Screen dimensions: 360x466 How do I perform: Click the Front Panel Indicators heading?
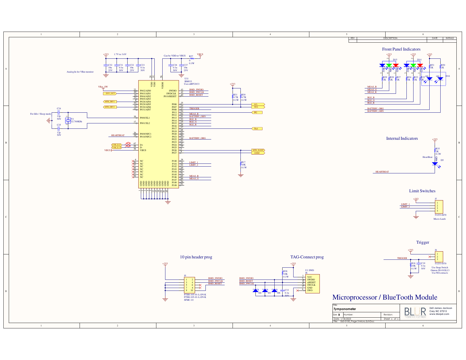click(401, 49)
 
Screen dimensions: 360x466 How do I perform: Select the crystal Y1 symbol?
click(68, 120)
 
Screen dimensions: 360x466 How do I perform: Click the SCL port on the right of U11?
click(258, 104)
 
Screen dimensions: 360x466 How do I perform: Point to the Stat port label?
click(257, 128)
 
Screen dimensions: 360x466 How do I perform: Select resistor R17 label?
click(243, 162)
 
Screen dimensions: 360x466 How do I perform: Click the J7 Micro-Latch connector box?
click(439, 207)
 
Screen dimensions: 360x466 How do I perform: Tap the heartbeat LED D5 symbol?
click(435, 164)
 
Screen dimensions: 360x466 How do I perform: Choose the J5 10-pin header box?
click(189, 285)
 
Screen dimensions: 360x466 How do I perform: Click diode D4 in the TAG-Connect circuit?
click(256, 290)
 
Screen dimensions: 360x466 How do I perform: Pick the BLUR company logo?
click(415, 312)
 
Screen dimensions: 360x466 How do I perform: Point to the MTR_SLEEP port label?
click(258, 150)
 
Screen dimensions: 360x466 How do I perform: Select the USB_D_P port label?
click(117, 145)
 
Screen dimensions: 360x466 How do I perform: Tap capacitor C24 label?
click(59, 108)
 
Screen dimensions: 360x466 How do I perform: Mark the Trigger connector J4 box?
click(439, 257)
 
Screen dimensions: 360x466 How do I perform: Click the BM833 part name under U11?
click(188, 81)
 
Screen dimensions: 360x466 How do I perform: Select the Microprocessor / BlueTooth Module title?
click(384, 297)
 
